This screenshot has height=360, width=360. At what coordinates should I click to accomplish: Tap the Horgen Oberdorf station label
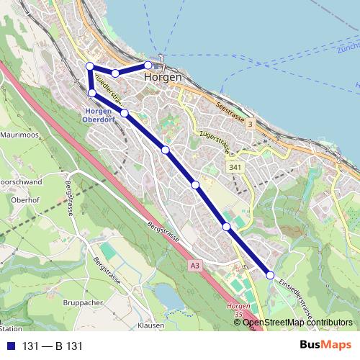[x=100, y=115]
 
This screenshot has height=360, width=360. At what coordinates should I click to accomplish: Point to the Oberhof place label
[x=24, y=199]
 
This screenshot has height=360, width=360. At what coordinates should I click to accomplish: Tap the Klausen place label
[x=150, y=325]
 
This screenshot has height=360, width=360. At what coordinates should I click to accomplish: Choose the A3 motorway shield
[x=195, y=266]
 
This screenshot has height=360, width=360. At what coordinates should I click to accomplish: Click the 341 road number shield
[x=235, y=167]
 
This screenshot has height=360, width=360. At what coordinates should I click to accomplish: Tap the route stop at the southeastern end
[x=270, y=275]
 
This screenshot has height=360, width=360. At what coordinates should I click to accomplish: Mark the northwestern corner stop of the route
[x=90, y=66]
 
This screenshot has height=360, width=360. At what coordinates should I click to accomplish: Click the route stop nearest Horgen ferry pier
[x=148, y=66]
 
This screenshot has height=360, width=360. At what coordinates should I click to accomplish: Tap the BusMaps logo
[x=326, y=346]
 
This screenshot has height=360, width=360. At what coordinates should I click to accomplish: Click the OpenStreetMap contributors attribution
[x=297, y=322]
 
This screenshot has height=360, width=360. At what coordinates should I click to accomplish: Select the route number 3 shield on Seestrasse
[x=250, y=125]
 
